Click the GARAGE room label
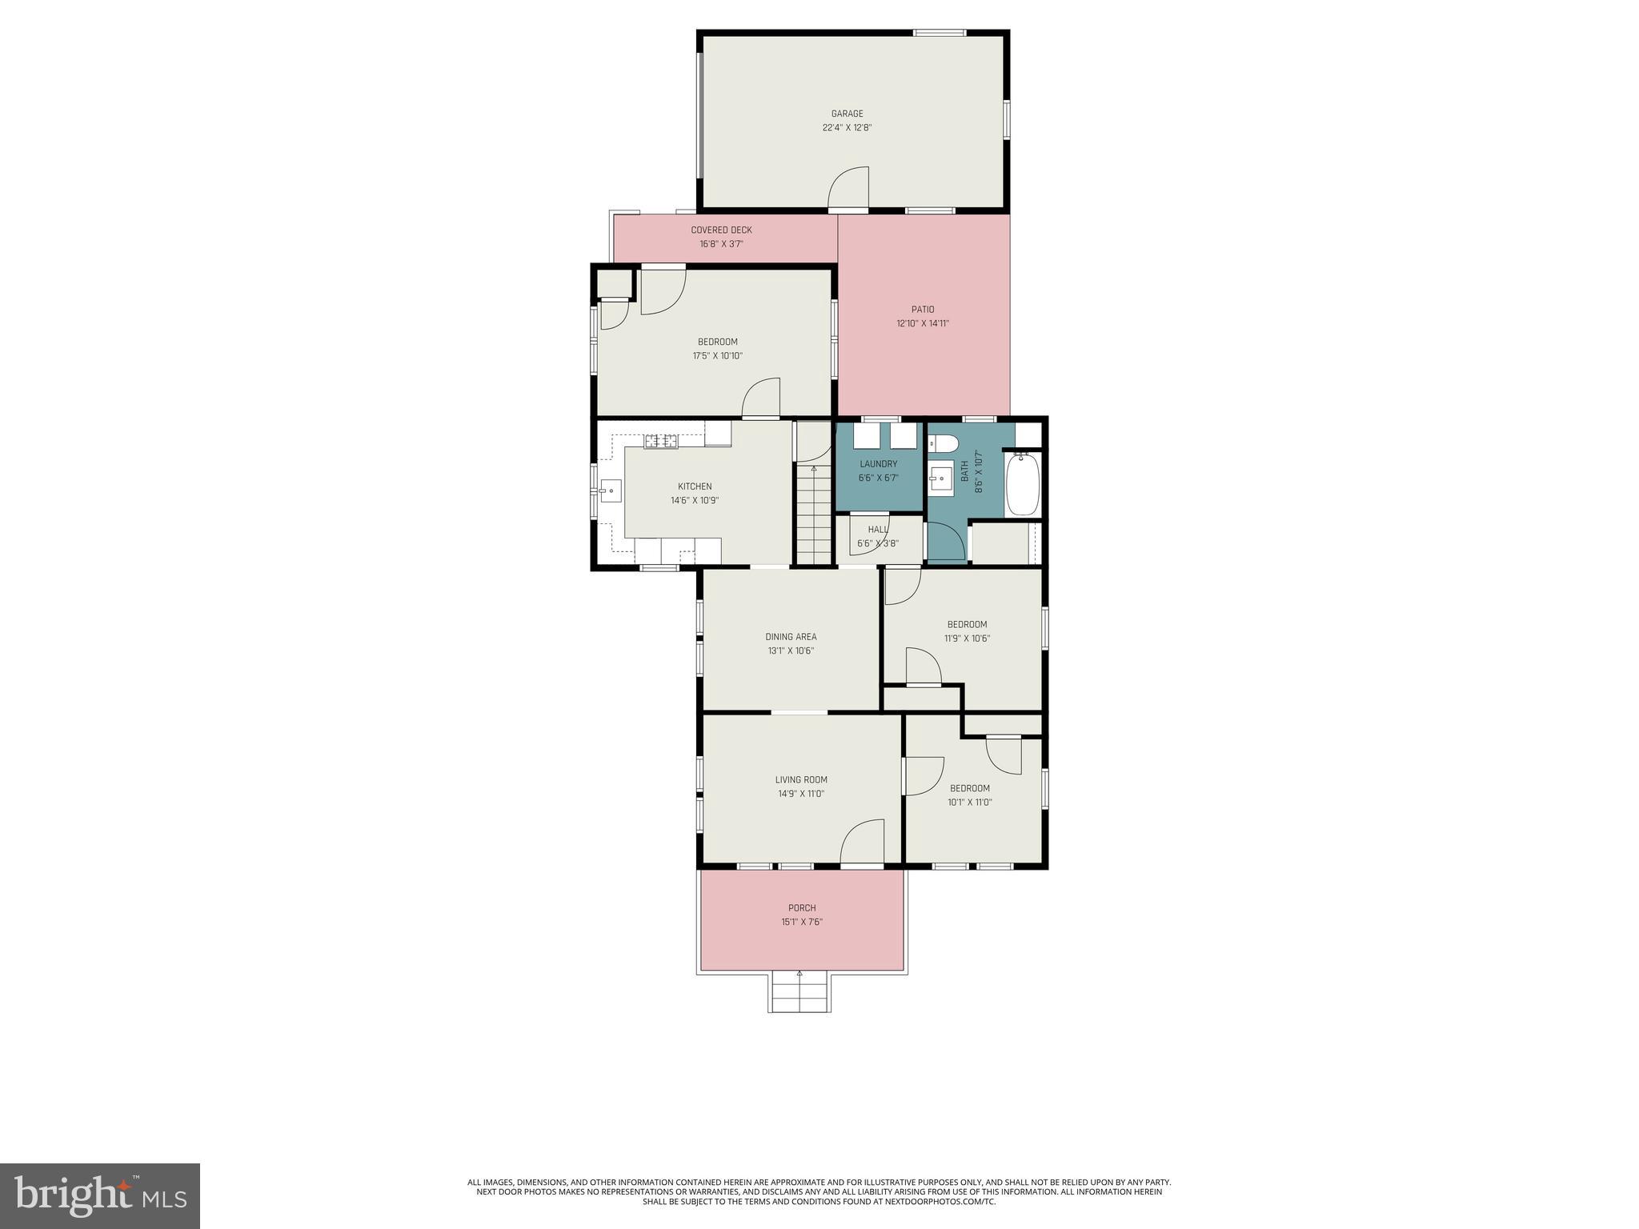tap(847, 114)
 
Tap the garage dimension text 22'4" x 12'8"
tap(847, 127)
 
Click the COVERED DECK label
tap(721, 230)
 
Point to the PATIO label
tap(922, 310)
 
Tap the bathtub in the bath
tap(1022, 484)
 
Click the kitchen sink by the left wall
tap(611, 490)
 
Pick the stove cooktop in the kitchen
tap(661, 441)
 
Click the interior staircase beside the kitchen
tap(814, 516)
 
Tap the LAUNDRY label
tap(878, 464)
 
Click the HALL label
tap(878, 530)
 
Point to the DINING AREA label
tap(791, 637)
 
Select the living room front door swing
tap(863, 843)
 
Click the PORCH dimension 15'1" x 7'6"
tap(802, 922)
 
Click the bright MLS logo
tap(100, 1195)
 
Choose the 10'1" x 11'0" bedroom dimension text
tap(970, 802)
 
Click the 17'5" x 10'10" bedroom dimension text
tap(717, 356)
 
